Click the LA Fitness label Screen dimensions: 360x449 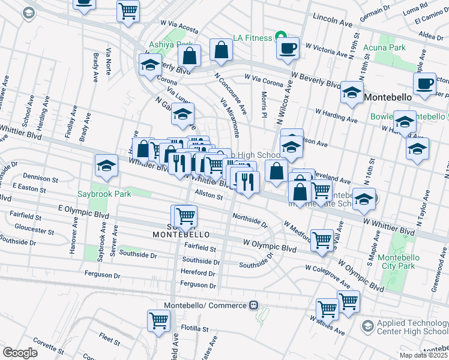(x=253, y=38)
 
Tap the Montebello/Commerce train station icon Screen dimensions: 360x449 (x=254, y=305)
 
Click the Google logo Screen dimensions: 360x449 (x=20, y=353)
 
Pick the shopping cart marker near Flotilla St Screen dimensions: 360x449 (x=159, y=320)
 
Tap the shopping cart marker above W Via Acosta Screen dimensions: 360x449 (x=128, y=10)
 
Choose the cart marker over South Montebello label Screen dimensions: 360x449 (x=186, y=215)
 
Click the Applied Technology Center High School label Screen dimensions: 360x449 (x=412, y=326)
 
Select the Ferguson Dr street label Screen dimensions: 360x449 (x=197, y=286)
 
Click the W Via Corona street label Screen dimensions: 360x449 (x=264, y=77)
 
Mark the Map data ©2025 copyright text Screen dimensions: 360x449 (x=421, y=355)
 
